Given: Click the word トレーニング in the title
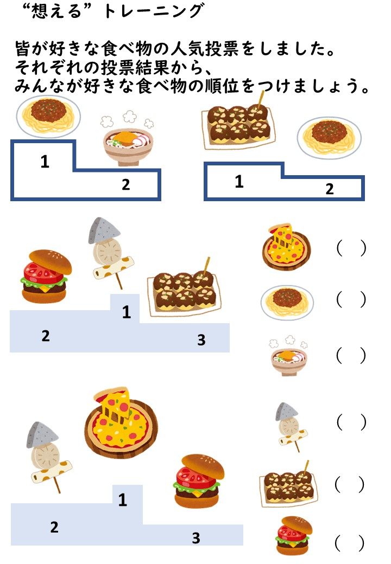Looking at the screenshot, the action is [154, 11].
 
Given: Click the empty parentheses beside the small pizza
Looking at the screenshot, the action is [351, 248].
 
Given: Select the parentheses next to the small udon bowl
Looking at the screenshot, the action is [351, 355].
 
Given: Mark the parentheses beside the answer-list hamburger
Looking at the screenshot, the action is [350, 543].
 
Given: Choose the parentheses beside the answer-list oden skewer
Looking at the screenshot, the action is [351, 422].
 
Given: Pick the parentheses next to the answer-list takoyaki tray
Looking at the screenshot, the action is [350, 484].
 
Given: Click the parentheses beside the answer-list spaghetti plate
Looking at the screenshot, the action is [351, 299].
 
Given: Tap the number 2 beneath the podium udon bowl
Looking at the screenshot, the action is [125, 184].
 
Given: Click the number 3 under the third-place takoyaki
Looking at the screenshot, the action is [201, 340].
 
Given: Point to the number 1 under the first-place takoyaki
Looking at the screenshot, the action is [239, 182].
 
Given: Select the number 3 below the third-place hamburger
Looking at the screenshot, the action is [196, 538].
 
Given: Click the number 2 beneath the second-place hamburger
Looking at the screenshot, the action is [46, 336].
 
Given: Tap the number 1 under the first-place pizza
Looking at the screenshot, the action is [122, 500].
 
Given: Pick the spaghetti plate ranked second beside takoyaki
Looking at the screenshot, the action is [329, 138].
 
